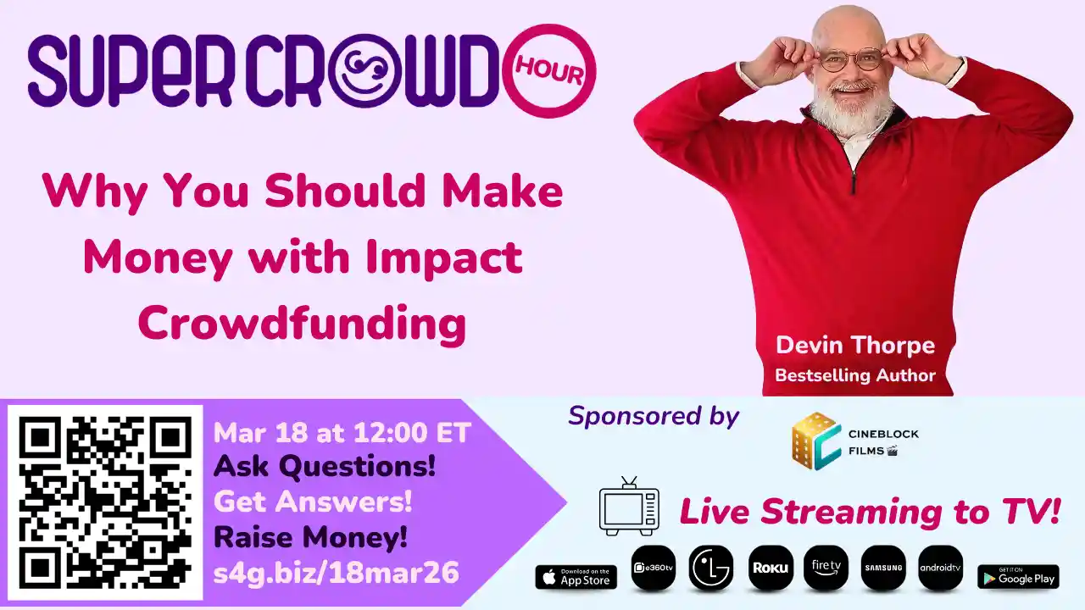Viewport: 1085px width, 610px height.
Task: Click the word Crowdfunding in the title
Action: [302, 323]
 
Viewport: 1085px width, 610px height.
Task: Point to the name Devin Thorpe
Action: [855, 346]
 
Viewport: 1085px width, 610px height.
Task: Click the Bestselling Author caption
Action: [854, 374]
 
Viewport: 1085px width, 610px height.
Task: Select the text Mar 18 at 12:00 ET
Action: [342, 433]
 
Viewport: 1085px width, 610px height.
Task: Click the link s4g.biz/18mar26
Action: [336, 574]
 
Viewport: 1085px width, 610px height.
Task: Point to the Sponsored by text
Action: [654, 416]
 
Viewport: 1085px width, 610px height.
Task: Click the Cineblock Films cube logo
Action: [815, 441]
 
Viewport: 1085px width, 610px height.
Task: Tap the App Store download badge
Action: [576, 577]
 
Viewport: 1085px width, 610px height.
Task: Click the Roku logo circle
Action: [771, 568]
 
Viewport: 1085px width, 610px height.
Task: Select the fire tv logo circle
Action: [826, 568]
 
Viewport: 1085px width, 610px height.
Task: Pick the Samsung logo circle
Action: [883, 568]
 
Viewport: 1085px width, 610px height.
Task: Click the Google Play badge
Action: [1018, 577]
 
